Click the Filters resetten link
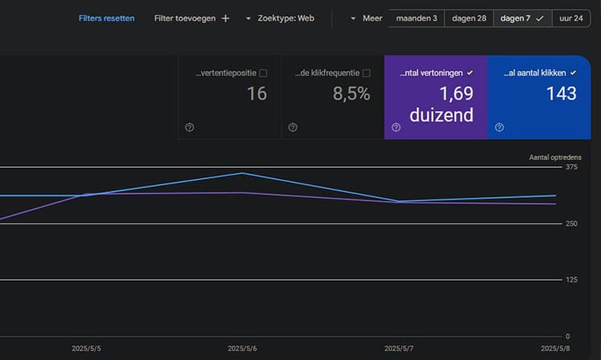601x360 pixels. click(x=106, y=18)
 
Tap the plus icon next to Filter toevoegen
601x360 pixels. click(x=225, y=18)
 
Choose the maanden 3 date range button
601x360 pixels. click(x=416, y=18)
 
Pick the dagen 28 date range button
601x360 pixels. click(x=469, y=18)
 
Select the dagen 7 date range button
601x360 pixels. click(x=522, y=18)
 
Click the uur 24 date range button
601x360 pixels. click(x=572, y=18)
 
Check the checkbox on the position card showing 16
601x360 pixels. click(x=264, y=73)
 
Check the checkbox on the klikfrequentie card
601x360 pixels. click(x=366, y=73)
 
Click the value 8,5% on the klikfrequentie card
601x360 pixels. click(x=351, y=94)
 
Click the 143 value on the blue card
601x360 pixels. click(x=561, y=94)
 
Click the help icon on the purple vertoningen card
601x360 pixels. click(x=396, y=127)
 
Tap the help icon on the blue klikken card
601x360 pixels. click(x=499, y=127)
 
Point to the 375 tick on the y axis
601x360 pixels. click(x=571, y=167)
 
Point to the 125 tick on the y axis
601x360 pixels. click(x=571, y=280)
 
